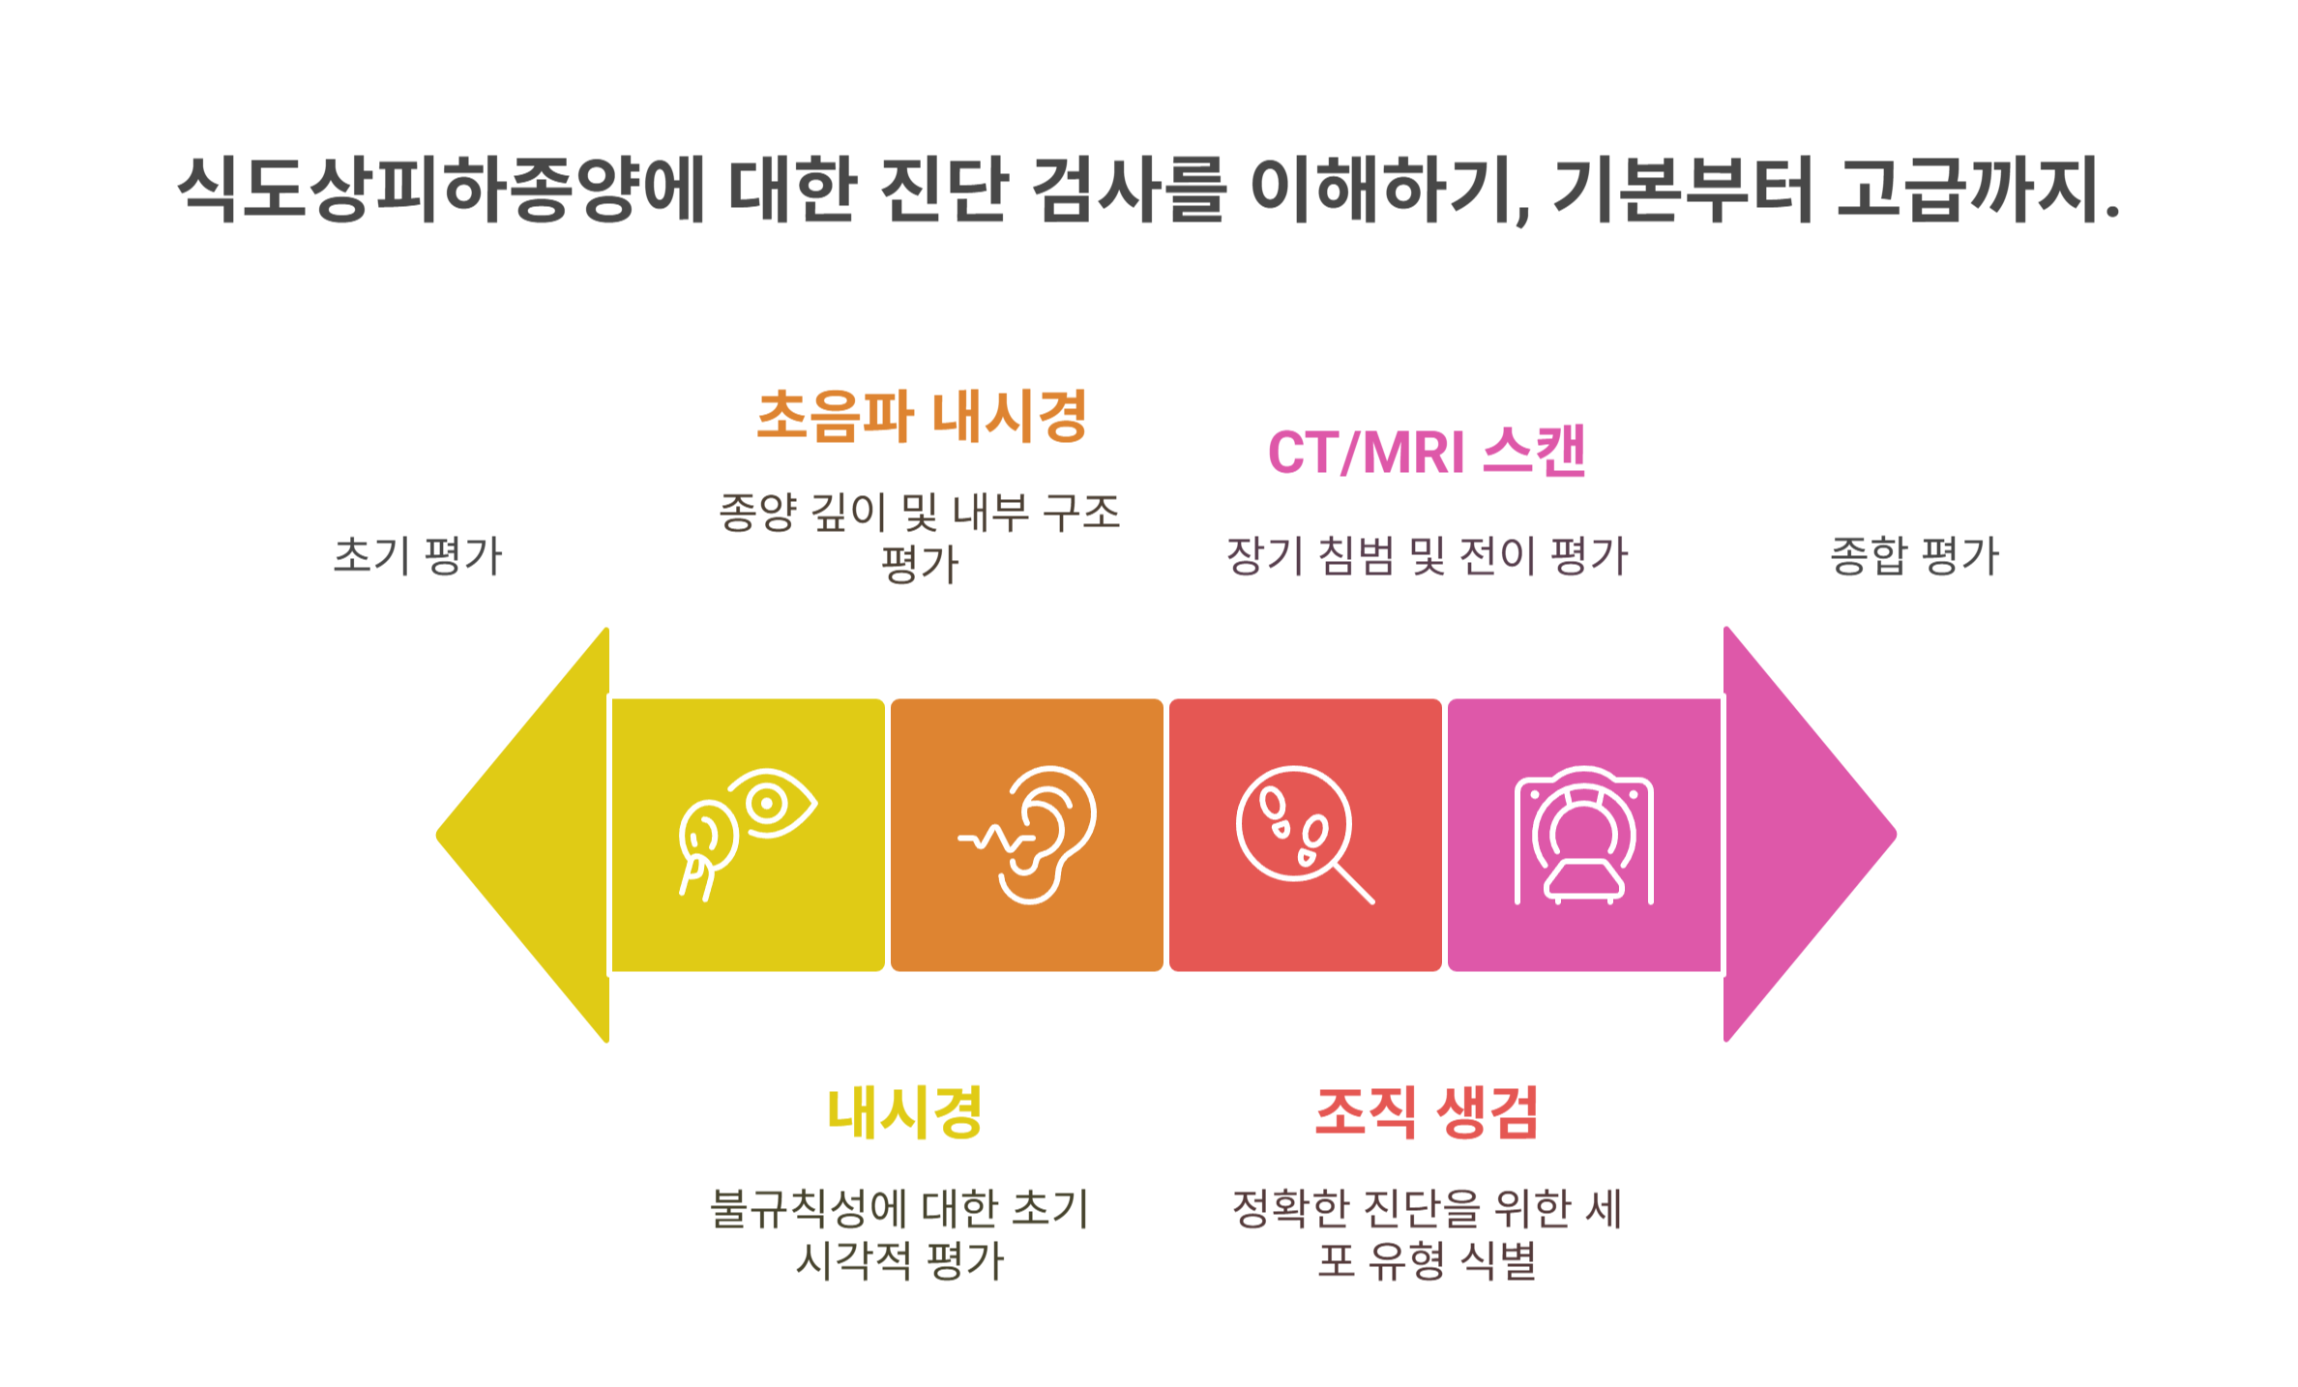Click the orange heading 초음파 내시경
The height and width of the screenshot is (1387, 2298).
point(922,417)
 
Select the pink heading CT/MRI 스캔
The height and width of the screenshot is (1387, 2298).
point(1427,452)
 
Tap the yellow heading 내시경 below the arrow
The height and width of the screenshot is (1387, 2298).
point(904,1112)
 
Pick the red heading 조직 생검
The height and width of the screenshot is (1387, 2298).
point(1427,1112)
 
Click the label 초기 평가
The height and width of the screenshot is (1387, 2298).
point(418,556)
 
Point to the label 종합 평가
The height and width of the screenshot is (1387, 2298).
point(1914,556)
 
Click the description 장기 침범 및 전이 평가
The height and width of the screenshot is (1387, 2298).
point(1427,556)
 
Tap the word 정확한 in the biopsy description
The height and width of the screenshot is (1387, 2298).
point(1291,1208)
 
